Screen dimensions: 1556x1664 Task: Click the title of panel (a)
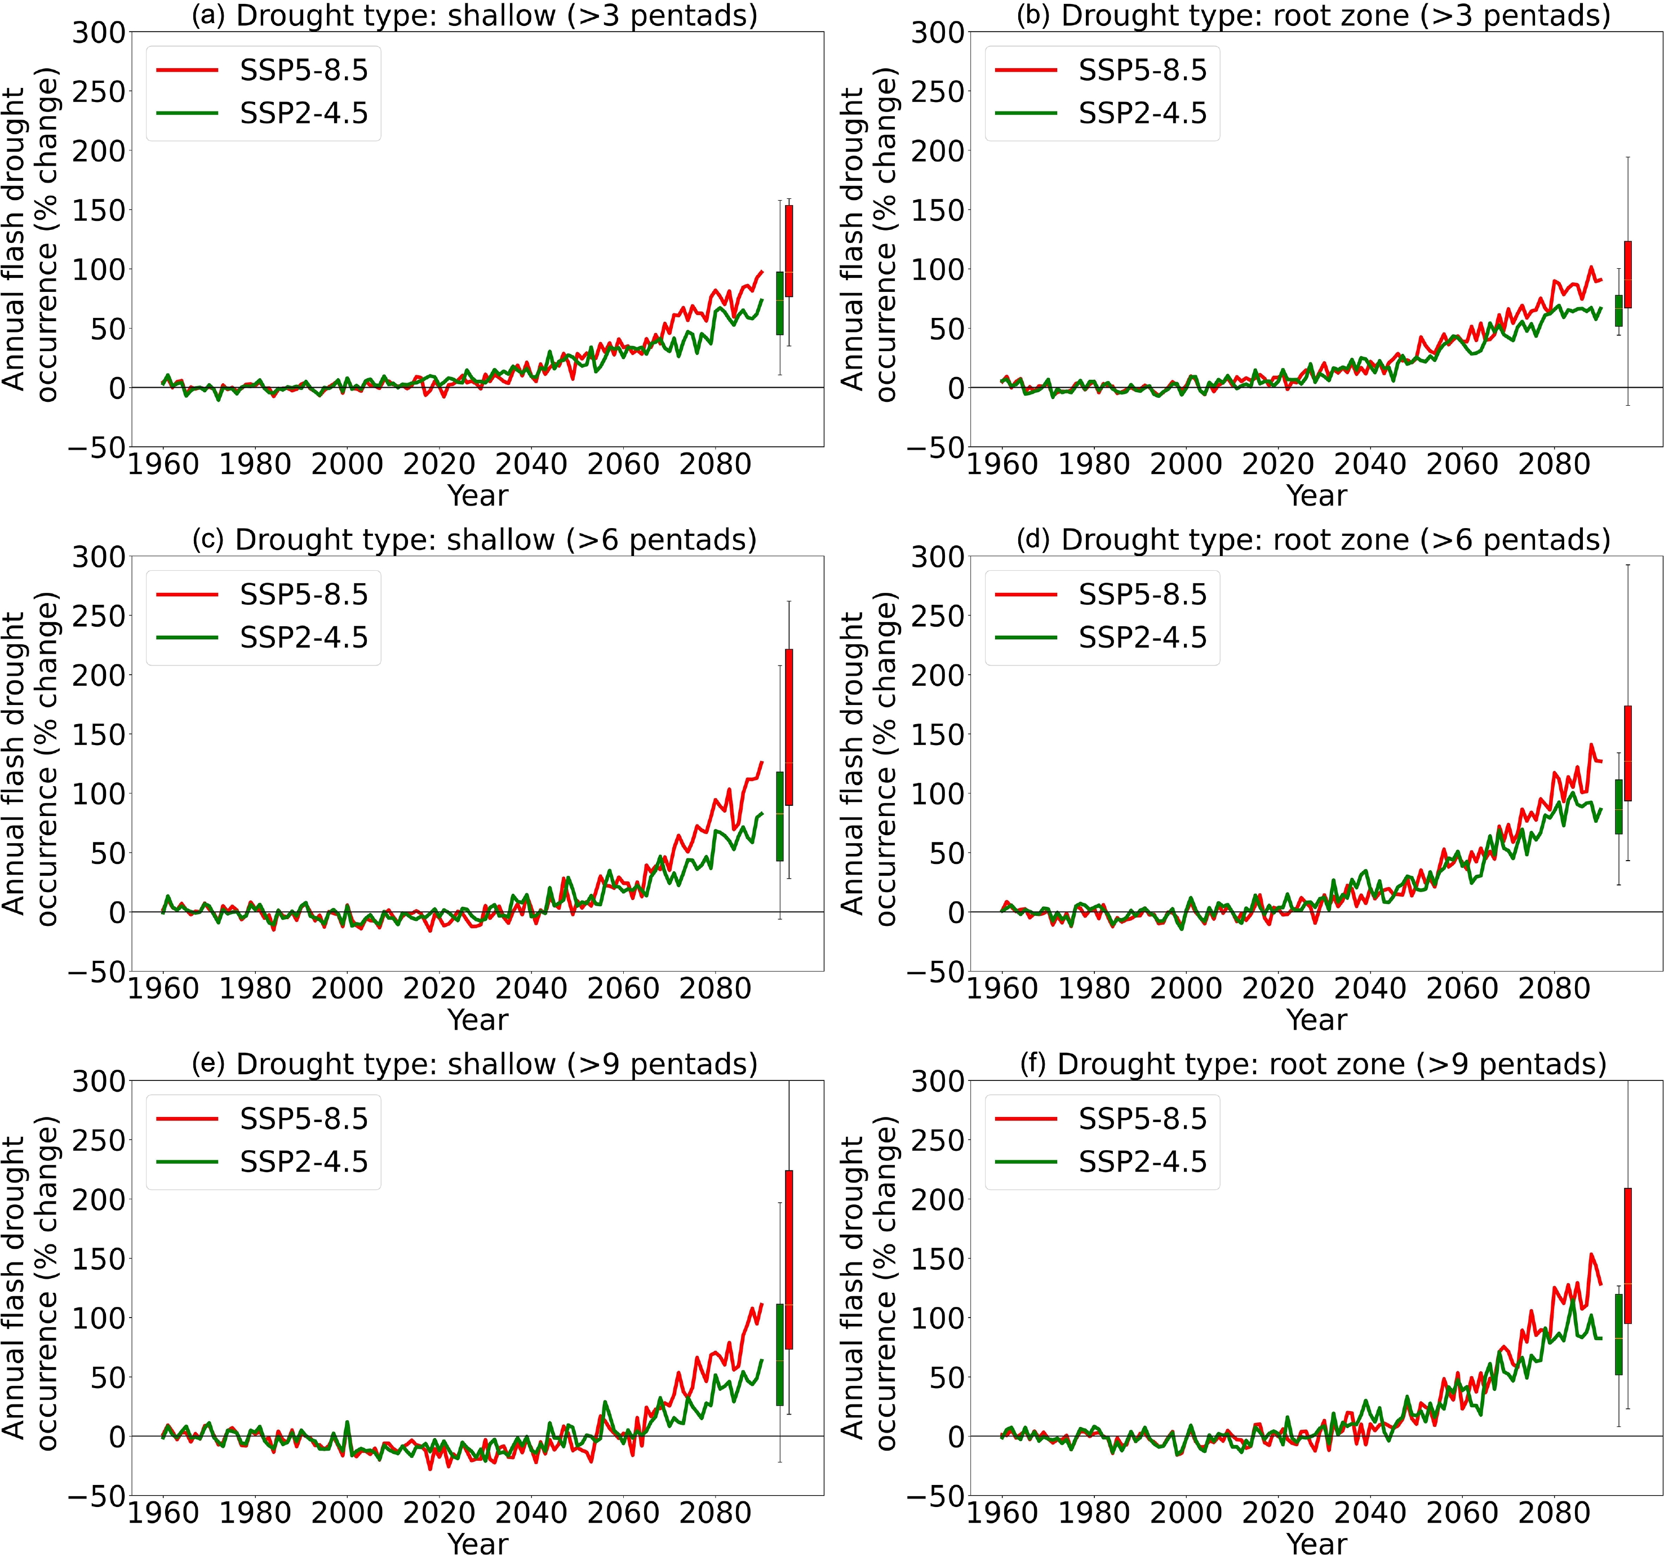[x=474, y=15]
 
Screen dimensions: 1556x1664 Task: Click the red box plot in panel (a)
[x=788, y=251]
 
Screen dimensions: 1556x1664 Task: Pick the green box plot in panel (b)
[x=1618, y=311]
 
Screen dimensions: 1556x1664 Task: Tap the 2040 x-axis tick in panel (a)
[x=531, y=464]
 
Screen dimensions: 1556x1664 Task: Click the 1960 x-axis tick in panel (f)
[x=1002, y=1513]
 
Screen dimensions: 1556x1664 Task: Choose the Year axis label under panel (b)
[x=1317, y=495]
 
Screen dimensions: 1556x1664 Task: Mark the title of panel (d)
[x=1314, y=540]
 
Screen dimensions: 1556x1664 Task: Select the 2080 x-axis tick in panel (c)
[x=715, y=988]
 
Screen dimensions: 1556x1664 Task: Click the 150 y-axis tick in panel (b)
[x=937, y=210]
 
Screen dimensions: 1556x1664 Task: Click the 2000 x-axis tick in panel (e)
[x=347, y=1513]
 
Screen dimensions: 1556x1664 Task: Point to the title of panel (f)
[x=1314, y=1064]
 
